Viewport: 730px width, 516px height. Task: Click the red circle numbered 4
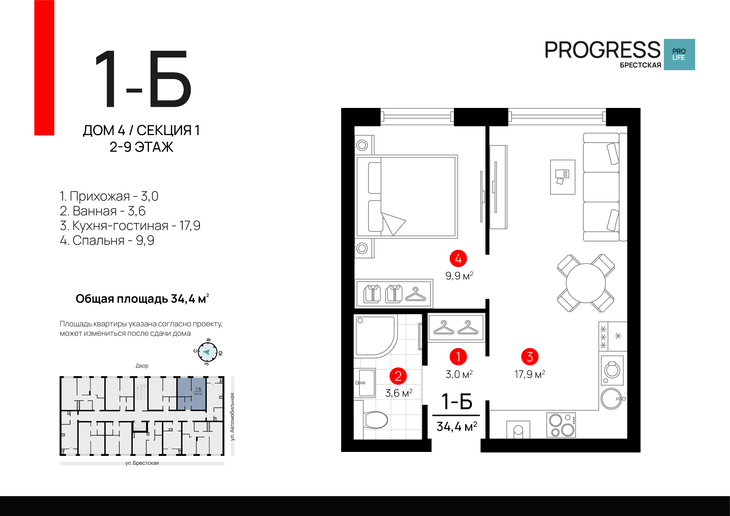[458, 259]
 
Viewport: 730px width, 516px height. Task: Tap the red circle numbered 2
[398, 376]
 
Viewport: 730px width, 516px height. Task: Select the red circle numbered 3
[530, 357]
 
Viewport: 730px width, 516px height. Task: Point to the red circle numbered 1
[458, 357]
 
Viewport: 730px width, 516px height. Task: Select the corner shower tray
[375, 336]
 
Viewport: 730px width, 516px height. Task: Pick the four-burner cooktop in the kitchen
[561, 425]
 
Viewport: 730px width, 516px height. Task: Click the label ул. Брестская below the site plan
[142, 463]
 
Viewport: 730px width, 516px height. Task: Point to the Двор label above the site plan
[142, 366]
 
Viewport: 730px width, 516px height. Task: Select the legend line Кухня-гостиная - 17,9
[130, 225]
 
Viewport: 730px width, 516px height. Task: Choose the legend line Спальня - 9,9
[107, 240]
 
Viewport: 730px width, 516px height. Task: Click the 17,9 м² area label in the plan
[530, 374]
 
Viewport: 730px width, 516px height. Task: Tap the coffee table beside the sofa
[563, 177]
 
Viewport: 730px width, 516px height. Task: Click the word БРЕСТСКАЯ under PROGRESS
[640, 65]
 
